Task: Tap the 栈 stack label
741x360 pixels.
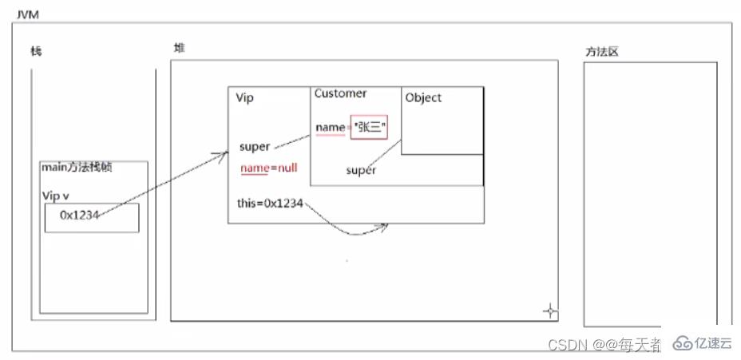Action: point(36,51)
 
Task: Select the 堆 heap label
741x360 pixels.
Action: point(179,48)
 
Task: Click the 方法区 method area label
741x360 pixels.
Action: point(601,52)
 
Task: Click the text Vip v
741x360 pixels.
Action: point(57,195)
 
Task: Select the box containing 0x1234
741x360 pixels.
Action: point(91,217)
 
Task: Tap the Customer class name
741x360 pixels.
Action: point(340,93)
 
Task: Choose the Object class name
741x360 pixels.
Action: point(423,97)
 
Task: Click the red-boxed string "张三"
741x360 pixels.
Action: point(368,128)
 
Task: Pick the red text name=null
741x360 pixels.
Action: point(268,168)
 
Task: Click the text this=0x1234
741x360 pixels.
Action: point(270,204)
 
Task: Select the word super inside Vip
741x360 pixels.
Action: point(254,147)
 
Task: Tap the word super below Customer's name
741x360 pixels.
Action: point(360,170)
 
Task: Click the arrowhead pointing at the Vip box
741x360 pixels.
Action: point(226,154)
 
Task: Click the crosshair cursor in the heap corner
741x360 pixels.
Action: point(550,310)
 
